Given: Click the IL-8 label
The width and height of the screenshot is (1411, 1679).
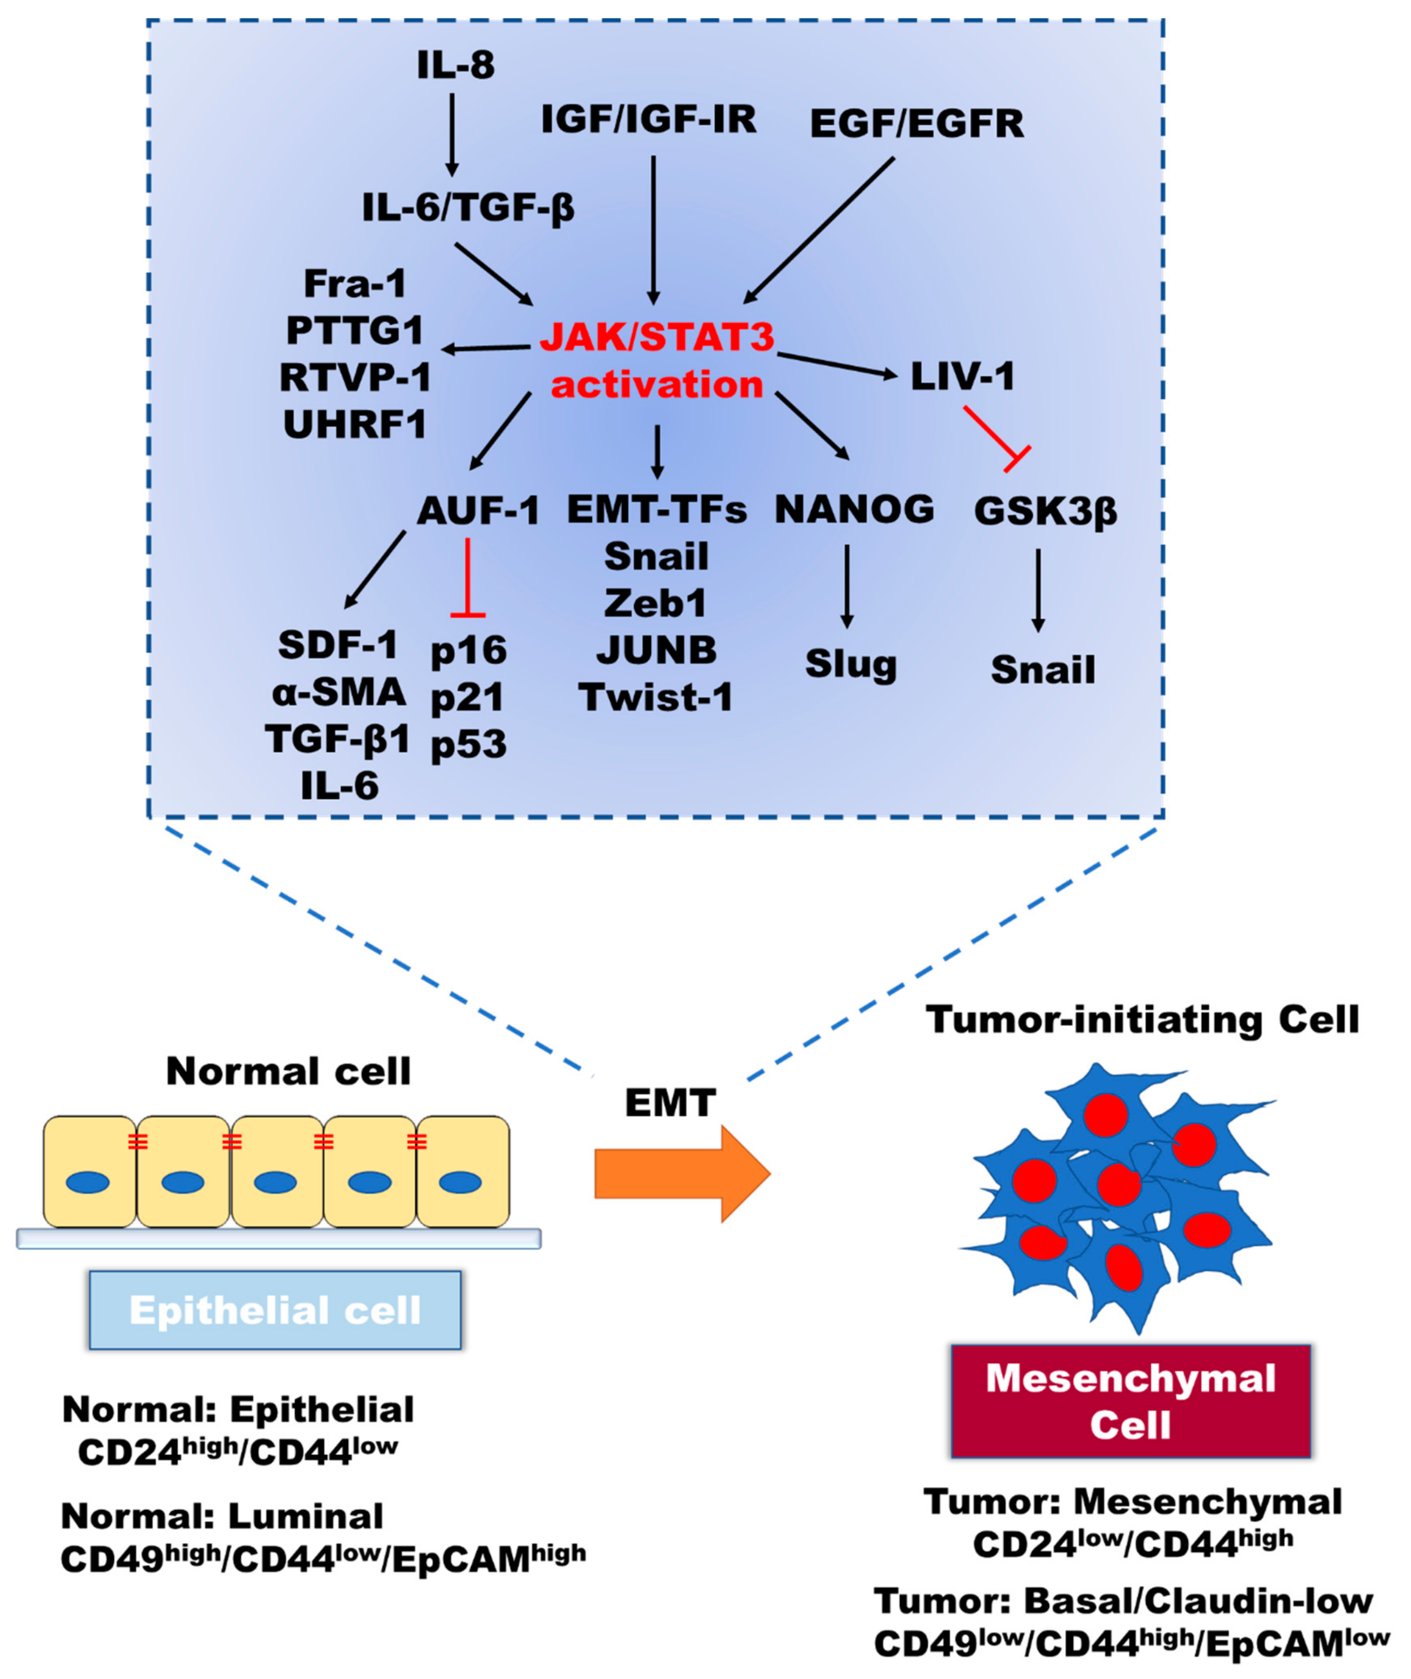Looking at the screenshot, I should click(455, 66).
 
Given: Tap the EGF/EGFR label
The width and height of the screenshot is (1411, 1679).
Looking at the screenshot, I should click(917, 124).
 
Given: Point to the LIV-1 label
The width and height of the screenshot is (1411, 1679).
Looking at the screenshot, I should click(962, 376).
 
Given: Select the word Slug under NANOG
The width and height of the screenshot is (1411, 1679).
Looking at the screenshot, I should click(850, 664).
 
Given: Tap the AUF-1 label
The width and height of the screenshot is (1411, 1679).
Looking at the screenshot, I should click(478, 510).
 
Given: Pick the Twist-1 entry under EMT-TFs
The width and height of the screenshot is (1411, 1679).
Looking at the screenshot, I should click(656, 697).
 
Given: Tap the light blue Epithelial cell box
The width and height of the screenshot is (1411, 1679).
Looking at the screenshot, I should click(275, 1310).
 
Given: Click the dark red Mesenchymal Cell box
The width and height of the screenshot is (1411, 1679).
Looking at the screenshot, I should click(1130, 1400).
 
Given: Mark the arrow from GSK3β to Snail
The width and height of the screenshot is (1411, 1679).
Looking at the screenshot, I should click(1038, 590).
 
